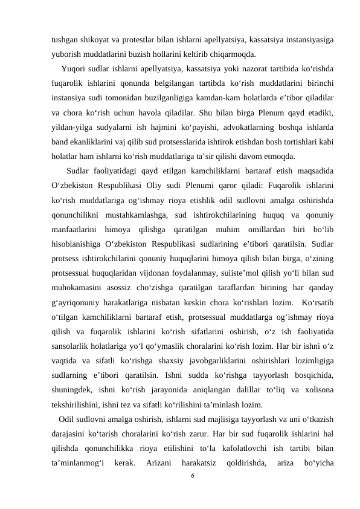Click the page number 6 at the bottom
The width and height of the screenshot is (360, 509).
tap(192, 475)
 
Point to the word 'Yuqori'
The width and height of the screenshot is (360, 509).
tap(74, 67)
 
